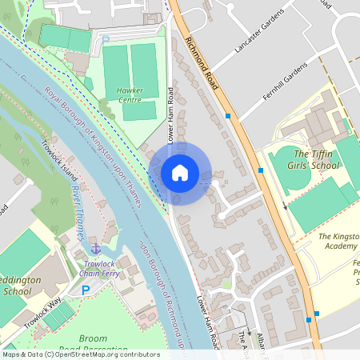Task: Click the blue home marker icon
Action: (180, 172)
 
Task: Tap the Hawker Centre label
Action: (130, 95)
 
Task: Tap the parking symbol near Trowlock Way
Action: (86, 290)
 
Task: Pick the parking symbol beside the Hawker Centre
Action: (105, 39)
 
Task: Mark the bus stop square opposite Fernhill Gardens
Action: (229, 117)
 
